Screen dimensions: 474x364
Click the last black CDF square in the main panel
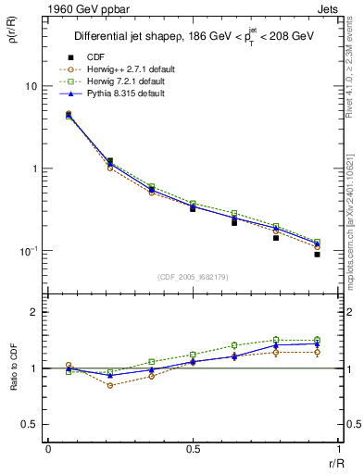(x=317, y=254)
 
